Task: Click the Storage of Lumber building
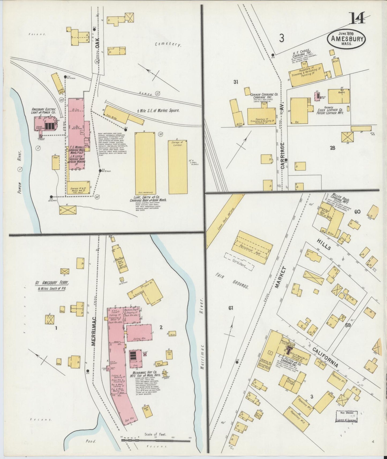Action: click(x=178, y=167)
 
